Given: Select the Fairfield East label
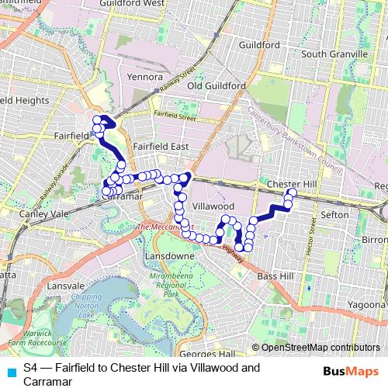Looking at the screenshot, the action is click(x=160, y=146).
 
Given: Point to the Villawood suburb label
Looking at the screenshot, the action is click(x=213, y=207).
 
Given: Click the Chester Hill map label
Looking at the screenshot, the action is click(x=288, y=183).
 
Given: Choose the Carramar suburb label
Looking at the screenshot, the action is click(x=120, y=198).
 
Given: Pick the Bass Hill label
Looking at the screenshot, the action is click(x=275, y=275).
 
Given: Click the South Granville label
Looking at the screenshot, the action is click(x=334, y=54).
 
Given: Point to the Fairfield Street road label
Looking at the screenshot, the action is click(x=175, y=117).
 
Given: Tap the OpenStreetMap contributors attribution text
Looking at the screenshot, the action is click(x=320, y=348).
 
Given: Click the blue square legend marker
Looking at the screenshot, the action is click(x=9, y=372).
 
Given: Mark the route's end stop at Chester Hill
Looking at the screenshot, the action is click(x=293, y=192).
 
